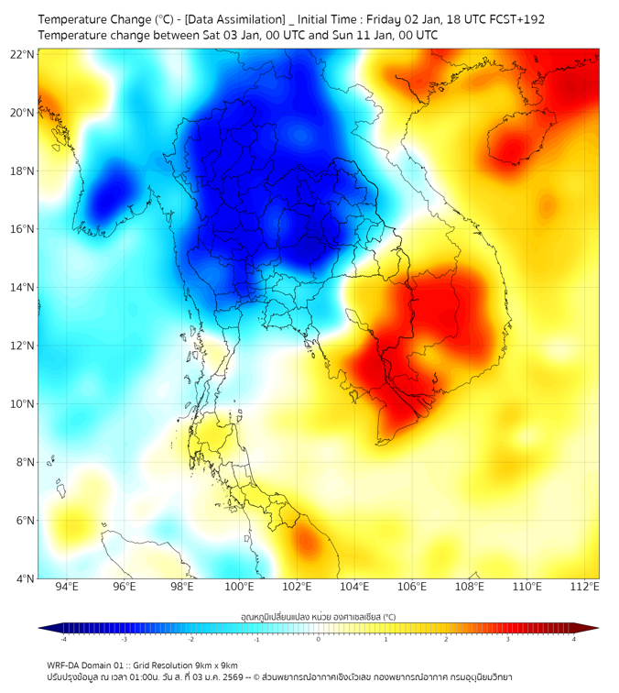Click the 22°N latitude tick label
23,54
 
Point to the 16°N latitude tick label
23,229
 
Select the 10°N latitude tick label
23,404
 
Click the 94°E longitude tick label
67,588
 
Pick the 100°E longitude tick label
239,588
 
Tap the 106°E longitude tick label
412,588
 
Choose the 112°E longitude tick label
585,588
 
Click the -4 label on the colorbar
63,639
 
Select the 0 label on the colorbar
319,639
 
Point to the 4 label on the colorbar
573,639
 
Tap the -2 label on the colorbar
190,639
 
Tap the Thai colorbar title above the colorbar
318,617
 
